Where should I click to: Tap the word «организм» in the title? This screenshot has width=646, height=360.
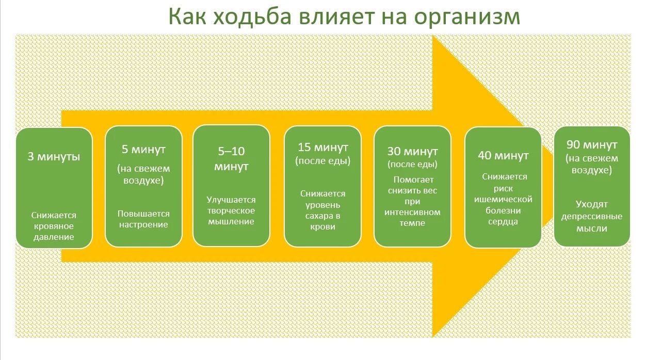point(466,17)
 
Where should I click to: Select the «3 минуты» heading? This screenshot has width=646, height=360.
point(54,156)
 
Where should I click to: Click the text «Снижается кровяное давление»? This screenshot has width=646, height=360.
point(54,226)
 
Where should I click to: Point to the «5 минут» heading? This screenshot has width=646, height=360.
point(143,150)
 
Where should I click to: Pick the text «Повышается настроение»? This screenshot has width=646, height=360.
point(143,219)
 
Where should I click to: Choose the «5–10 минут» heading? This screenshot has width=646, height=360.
point(231,159)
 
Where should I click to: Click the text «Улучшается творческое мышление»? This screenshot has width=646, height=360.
point(231,210)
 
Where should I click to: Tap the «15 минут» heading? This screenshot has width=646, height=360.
point(323,148)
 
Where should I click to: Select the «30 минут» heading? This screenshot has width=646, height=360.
point(412,152)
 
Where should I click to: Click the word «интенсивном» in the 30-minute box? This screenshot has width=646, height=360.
point(412,212)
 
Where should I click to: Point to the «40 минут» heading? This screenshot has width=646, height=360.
point(504,156)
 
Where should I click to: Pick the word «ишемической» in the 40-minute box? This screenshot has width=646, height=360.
point(504,199)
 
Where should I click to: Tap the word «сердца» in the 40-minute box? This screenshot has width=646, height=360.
point(504,222)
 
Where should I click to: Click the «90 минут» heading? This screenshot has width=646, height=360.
point(592,145)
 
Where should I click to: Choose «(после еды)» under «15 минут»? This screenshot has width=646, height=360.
point(323,161)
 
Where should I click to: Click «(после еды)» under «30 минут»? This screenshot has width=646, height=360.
point(412,165)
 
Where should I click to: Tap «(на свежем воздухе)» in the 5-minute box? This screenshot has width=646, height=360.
point(143,174)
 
